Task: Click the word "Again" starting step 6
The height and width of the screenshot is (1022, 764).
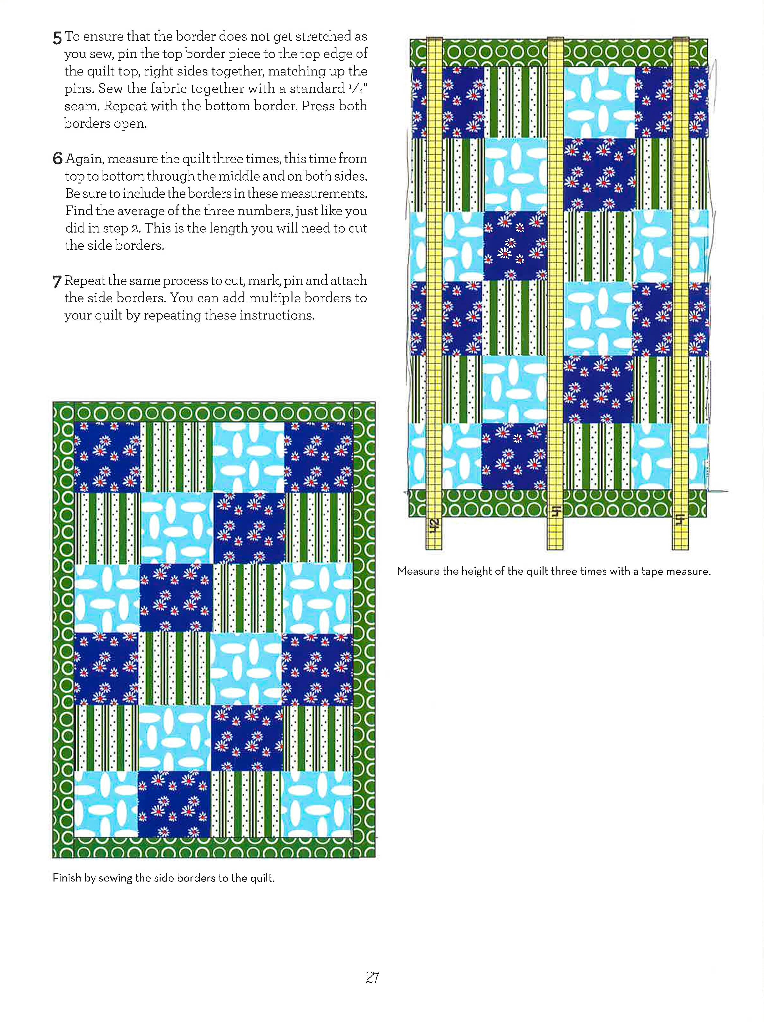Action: point(84,159)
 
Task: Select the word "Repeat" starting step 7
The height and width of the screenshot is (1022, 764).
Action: point(84,280)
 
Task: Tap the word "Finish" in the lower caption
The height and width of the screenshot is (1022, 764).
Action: point(67,878)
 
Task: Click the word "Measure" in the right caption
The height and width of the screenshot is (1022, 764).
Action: point(418,571)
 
